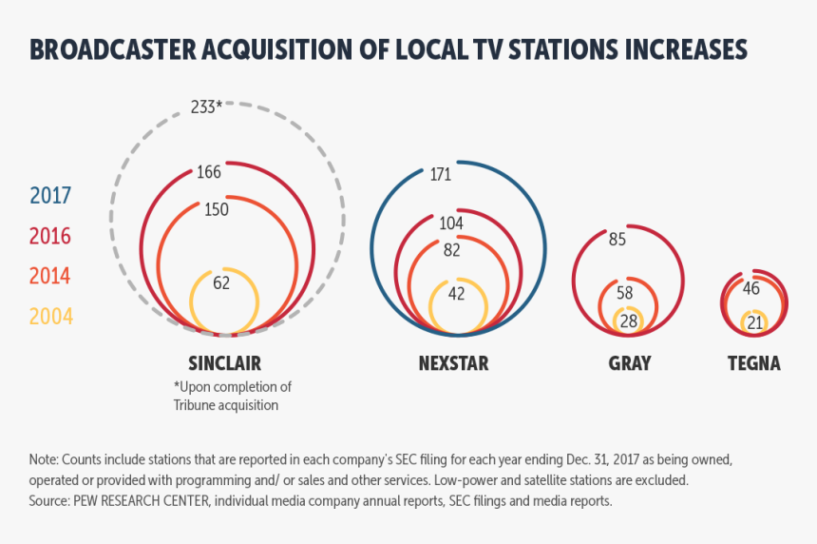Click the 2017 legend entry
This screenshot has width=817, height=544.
50,196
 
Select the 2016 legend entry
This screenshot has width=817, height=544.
50,236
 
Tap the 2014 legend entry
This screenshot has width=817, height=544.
50,276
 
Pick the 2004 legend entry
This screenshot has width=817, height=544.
50,316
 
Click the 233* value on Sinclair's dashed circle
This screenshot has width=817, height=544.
206,107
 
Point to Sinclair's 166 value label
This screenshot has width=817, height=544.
209,172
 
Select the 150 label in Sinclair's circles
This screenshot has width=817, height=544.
217,209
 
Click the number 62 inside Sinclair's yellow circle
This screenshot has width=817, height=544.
221,282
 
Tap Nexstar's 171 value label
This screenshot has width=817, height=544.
440,174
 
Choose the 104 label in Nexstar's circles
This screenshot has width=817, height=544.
451,223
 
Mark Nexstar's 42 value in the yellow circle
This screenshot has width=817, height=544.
457,293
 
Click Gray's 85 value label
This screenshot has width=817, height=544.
617,239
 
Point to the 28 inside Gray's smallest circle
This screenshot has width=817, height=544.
629,321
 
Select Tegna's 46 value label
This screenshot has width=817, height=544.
751,288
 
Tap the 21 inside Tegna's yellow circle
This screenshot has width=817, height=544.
755,322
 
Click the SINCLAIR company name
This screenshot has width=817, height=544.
224,363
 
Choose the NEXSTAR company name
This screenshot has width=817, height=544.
454,363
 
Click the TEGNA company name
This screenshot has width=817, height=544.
753,363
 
